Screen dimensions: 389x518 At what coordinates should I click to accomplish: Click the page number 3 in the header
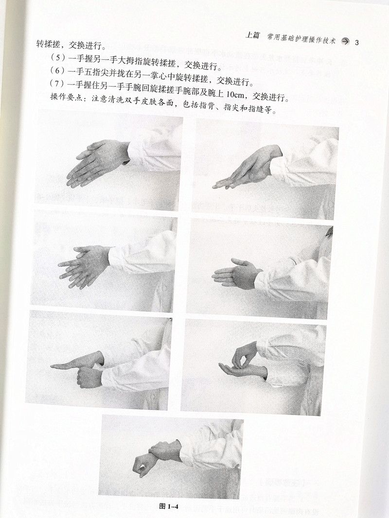(x=356, y=43)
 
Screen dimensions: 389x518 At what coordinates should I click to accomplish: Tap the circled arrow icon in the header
(x=345, y=42)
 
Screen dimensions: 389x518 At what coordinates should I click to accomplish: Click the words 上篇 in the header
(x=253, y=35)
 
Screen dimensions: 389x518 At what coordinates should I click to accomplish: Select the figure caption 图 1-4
(x=169, y=506)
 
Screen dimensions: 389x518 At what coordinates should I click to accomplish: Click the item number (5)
(x=57, y=57)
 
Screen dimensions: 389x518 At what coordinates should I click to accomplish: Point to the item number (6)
(x=57, y=70)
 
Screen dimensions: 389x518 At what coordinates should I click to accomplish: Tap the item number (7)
(x=56, y=84)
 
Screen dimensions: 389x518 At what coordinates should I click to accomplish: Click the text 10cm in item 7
(x=235, y=94)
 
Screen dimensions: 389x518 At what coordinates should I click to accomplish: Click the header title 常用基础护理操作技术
(x=301, y=39)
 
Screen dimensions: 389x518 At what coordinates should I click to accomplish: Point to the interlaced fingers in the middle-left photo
(x=85, y=266)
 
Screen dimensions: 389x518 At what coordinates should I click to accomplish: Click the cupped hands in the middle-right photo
(x=237, y=274)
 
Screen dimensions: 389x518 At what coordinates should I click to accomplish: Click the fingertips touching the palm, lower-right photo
(x=244, y=363)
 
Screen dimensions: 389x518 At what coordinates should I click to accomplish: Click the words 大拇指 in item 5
(x=134, y=61)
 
